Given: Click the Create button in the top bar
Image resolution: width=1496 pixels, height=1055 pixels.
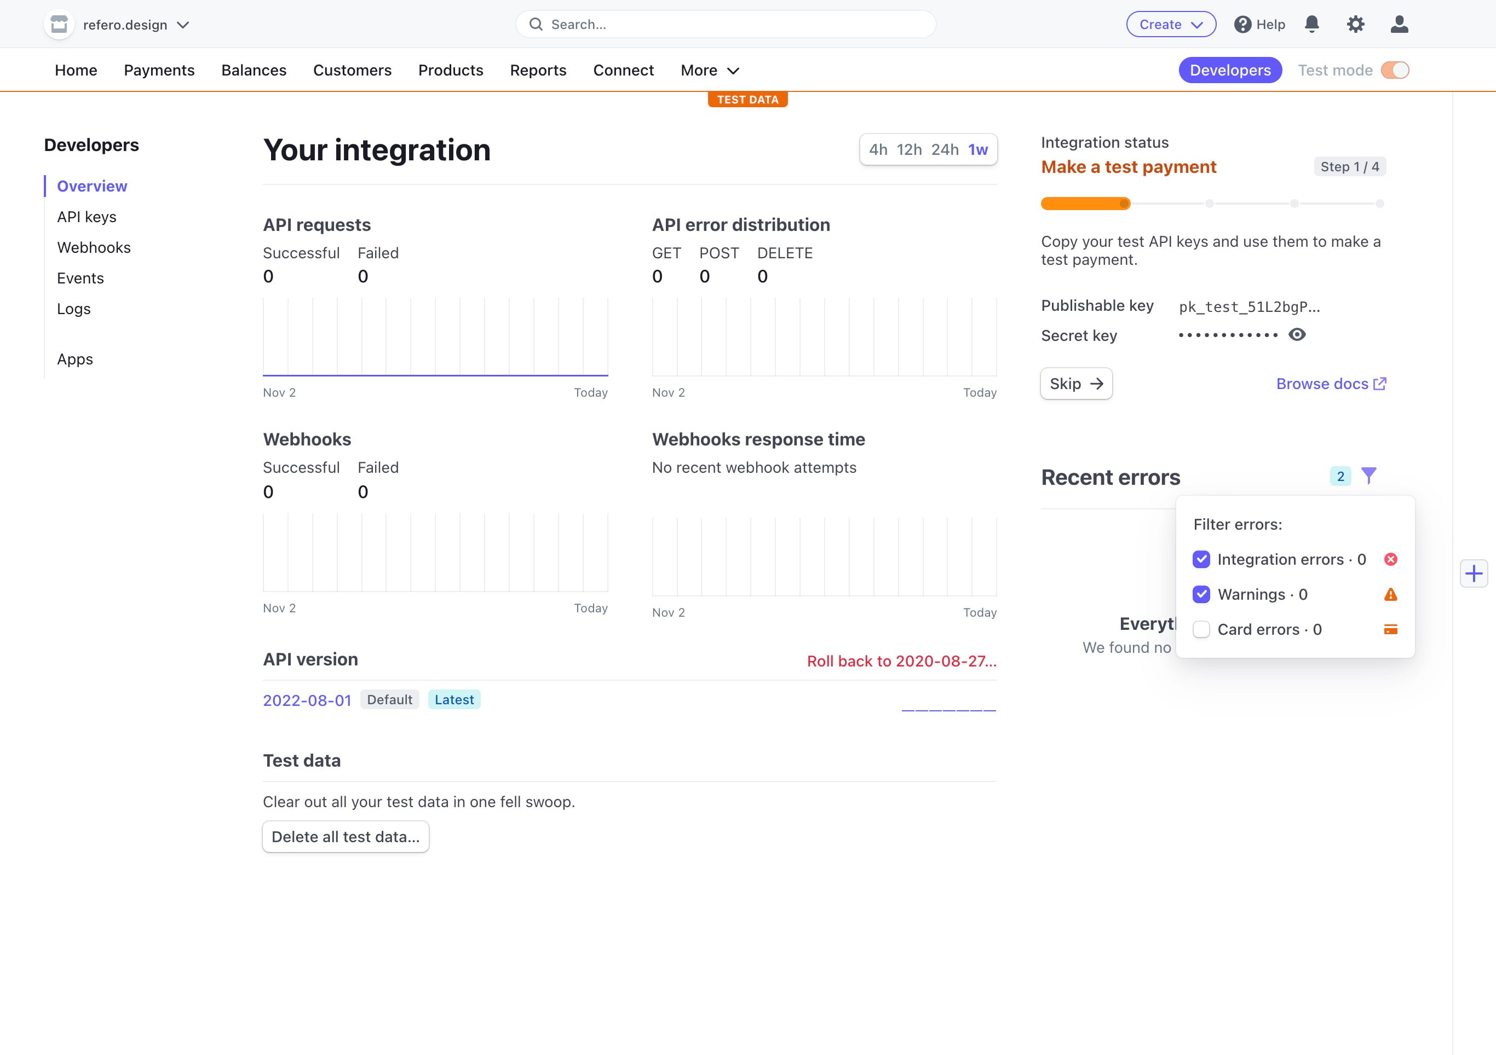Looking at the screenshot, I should [1170, 25].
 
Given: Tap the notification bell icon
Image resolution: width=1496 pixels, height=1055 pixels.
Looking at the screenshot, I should [1311, 25].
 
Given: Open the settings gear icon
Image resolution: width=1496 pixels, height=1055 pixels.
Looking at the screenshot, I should [1355, 25].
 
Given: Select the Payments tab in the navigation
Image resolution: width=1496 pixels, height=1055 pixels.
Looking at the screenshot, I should [159, 71].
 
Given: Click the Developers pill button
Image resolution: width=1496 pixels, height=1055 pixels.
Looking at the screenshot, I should [1229, 71].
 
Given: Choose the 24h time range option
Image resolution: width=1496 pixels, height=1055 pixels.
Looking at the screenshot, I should [944, 150].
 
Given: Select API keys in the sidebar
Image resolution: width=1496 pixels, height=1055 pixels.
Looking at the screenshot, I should [87, 217].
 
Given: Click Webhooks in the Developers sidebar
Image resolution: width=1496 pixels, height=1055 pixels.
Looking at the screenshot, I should [94, 247].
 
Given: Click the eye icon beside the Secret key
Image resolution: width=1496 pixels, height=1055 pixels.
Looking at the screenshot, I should [1297, 335].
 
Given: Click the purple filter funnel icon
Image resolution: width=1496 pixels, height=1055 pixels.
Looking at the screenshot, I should [1368, 476].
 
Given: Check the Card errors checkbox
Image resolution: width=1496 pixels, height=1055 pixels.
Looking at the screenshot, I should [1201, 630].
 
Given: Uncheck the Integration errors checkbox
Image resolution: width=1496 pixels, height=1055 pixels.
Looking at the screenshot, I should [1201, 559].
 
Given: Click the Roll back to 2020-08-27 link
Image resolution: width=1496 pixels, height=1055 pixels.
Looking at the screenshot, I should [901, 661].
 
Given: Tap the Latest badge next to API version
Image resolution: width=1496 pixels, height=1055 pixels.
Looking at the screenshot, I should [454, 700].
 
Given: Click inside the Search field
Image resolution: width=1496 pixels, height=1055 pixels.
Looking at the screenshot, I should [725, 25].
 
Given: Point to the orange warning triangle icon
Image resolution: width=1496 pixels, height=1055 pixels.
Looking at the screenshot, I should [1390, 595].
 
